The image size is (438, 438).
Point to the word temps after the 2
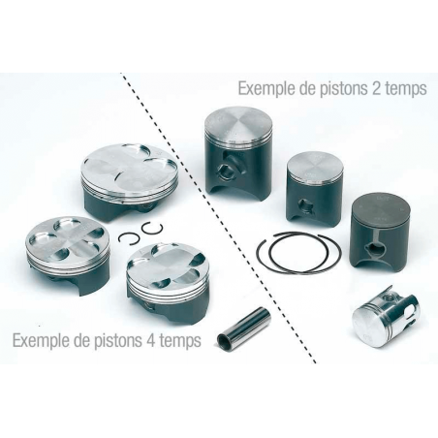407,88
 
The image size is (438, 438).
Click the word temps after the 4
184,340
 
